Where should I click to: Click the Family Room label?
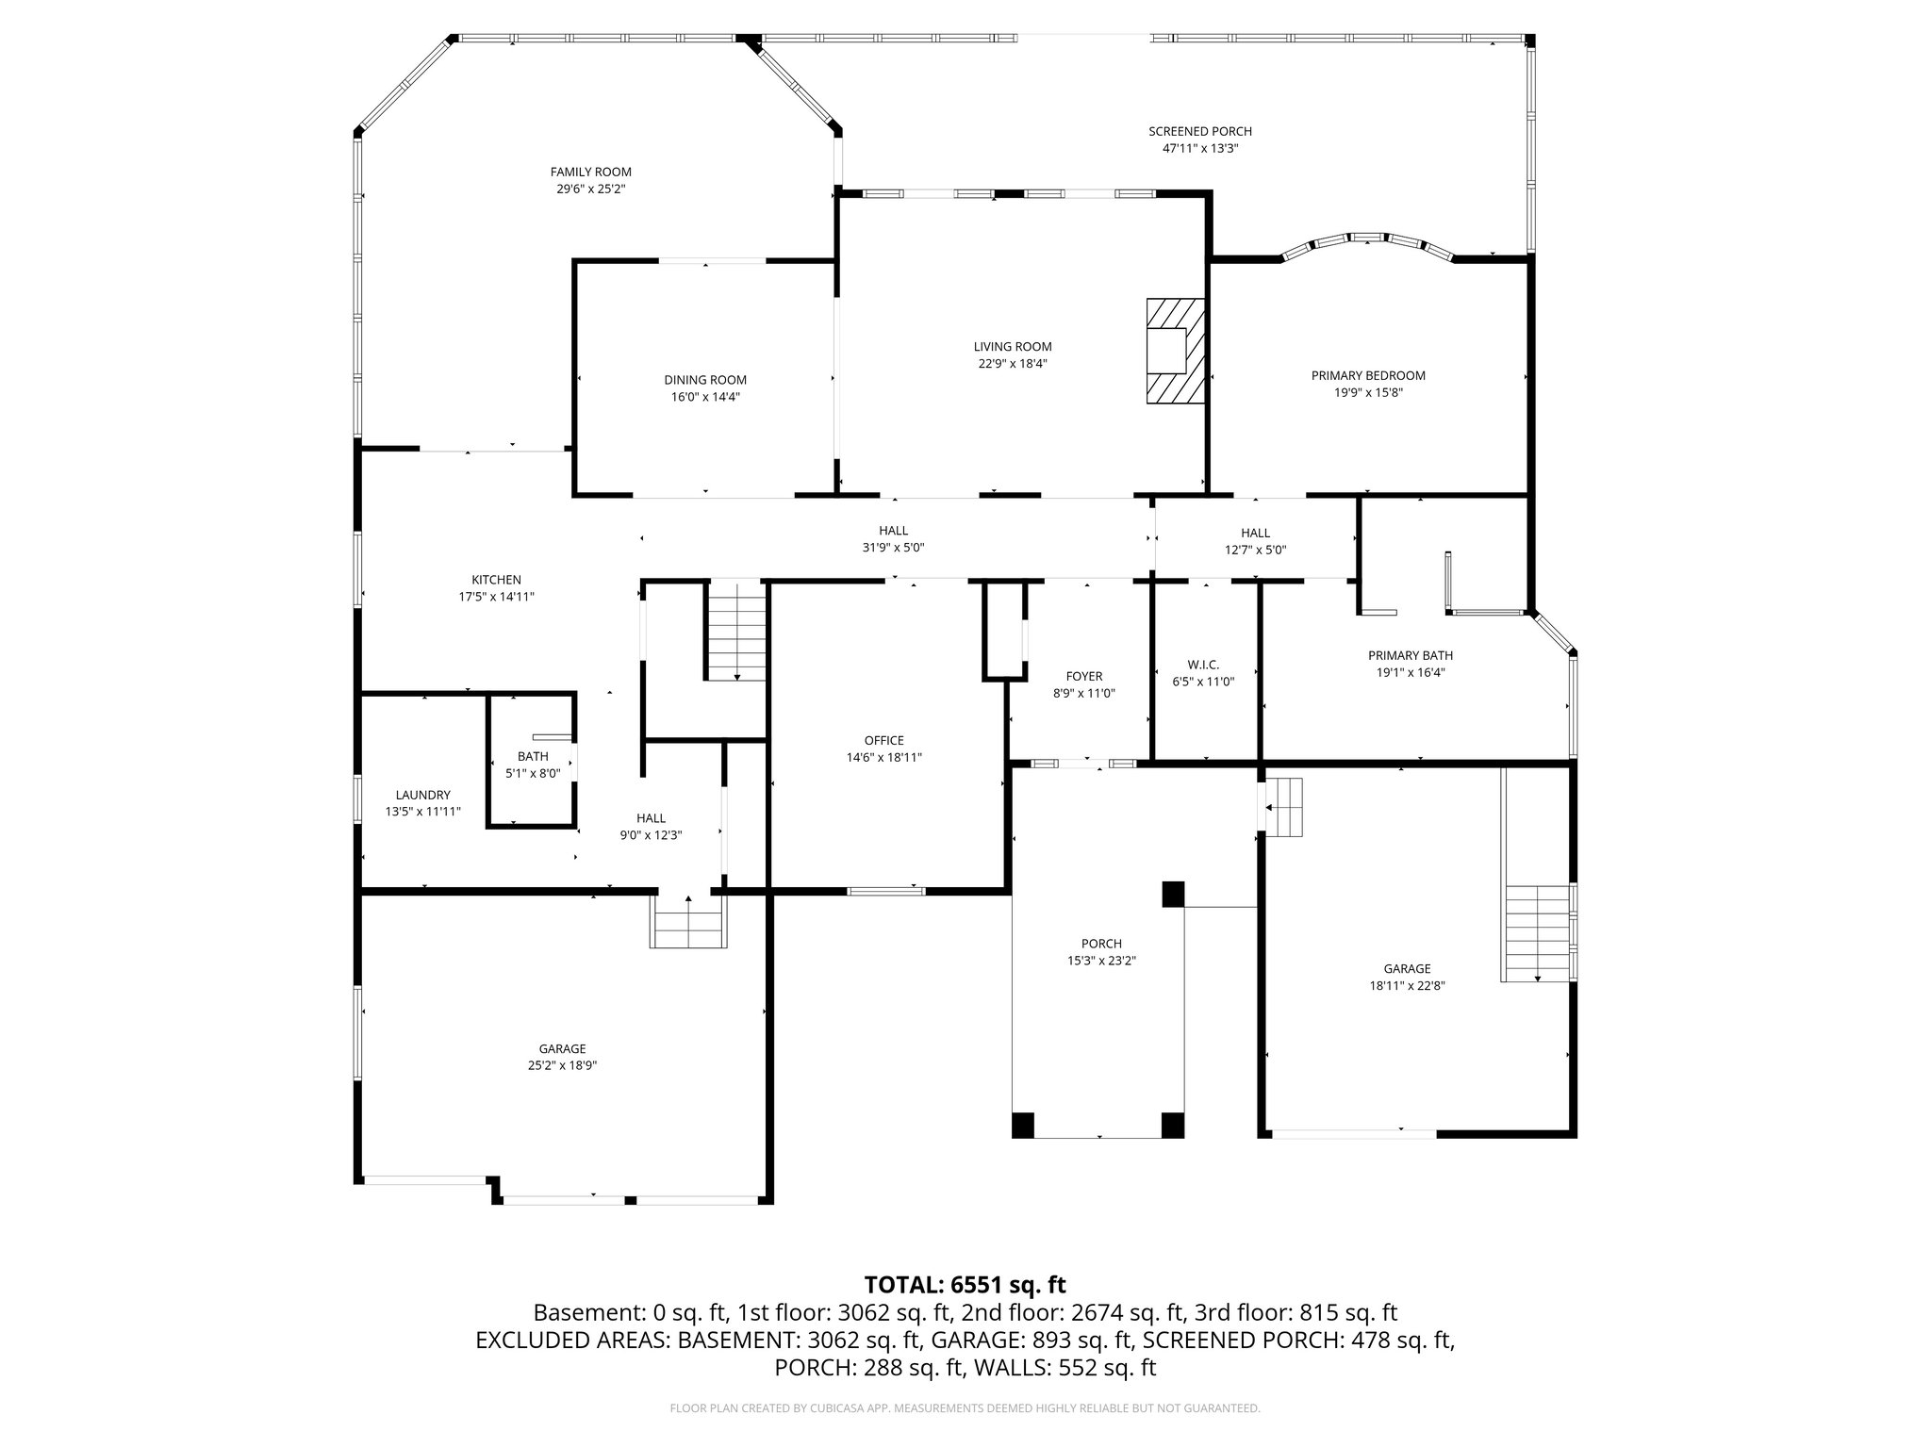(x=591, y=173)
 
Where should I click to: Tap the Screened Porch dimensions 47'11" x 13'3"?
(x=1199, y=149)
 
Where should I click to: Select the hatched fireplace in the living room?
(x=1176, y=352)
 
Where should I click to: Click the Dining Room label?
(x=705, y=380)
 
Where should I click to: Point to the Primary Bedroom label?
(x=1368, y=375)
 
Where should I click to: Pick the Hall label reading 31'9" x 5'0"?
(x=893, y=548)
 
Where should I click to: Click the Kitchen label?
(x=496, y=580)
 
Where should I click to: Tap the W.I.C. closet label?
(x=1202, y=665)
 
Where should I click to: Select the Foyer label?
(x=1084, y=676)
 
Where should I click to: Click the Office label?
(x=883, y=740)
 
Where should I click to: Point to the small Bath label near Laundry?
(x=533, y=756)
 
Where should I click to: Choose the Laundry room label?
(x=422, y=795)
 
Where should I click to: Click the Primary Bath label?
(x=1411, y=655)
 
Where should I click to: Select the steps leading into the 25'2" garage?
(x=688, y=922)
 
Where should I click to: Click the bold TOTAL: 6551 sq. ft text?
(x=965, y=1285)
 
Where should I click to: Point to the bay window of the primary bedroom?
(x=1367, y=242)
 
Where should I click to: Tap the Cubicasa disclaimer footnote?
(x=965, y=1408)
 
